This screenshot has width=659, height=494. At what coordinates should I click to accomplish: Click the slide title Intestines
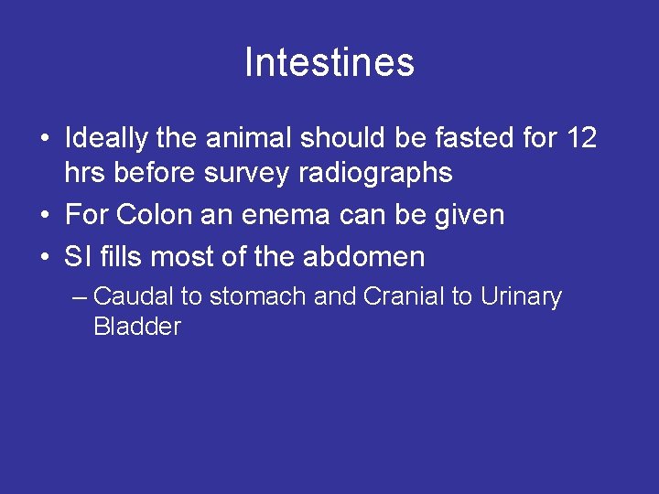click(x=329, y=63)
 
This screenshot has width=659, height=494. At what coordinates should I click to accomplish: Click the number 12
click(x=582, y=139)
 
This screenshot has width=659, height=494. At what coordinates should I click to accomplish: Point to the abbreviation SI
click(x=76, y=257)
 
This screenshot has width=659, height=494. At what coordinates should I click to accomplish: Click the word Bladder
click(x=136, y=327)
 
